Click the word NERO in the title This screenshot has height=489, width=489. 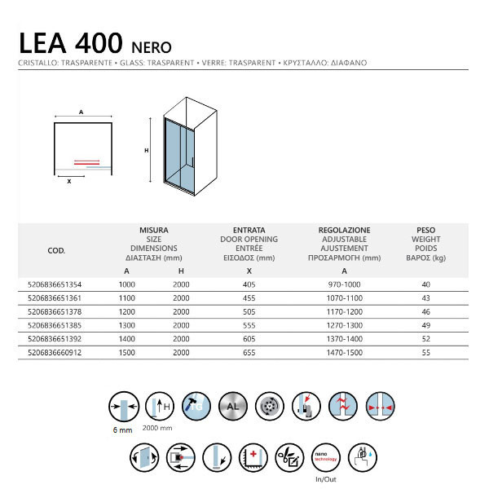(x=149, y=44)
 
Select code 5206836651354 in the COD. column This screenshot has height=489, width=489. (x=55, y=284)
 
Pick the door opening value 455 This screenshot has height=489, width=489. (x=249, y=298)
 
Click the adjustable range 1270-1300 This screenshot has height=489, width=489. (x=344, y=324)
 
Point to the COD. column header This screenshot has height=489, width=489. (x=57, y=251)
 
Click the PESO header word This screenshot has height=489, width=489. (x=425, y=231)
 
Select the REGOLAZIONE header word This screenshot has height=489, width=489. (x=344, y=231)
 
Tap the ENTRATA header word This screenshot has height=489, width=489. (x=249, y=231)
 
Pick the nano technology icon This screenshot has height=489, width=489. (x=325, y=457)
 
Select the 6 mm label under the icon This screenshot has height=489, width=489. (x=120, y=430)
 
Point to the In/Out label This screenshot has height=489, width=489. (x=325, y=480)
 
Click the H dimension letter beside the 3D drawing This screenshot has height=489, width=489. (x=147, y=150)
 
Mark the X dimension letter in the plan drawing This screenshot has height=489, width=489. (x=69, y=181)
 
